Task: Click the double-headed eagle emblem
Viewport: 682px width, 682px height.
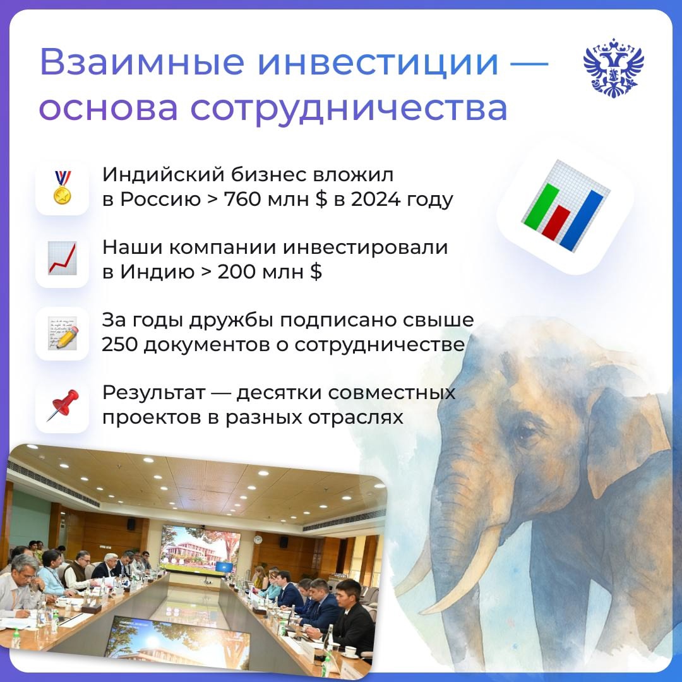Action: click(613, 68)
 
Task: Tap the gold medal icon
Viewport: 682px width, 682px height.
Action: click(62, 188)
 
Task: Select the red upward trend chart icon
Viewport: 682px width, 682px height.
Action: click(62, 260)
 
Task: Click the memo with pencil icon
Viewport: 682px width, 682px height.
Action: click(62, 333)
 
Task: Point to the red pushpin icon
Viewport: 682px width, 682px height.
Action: click(62, 405)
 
